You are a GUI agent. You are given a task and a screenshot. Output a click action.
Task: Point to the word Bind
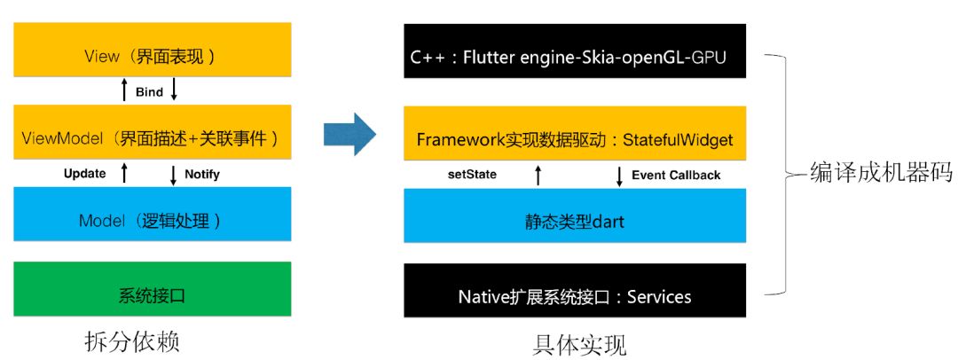(149, 91)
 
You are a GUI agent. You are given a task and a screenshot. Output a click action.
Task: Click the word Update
(85, 174)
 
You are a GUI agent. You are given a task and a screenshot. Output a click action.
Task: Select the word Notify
(202, 175)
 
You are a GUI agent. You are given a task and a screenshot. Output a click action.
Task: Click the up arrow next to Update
(124, 174)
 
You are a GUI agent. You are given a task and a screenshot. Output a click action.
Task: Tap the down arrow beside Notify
(173, 175)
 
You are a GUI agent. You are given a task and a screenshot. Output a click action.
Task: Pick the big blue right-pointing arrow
(350, 136)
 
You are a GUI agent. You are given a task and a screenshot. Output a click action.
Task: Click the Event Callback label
(676, 176)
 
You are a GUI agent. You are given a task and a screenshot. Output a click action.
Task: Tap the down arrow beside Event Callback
(619, 176)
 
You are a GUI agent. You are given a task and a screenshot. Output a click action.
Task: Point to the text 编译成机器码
(882, 173)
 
